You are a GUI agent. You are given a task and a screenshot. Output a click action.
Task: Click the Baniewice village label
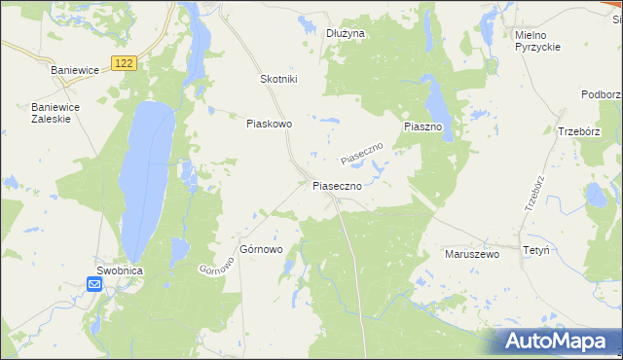pyautogui.click(x=77, y=70)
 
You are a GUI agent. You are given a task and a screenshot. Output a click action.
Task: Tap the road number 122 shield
pyautogui.click(x=123, y=62)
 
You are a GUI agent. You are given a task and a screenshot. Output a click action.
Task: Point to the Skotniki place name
pyautogui.click(x=278, y=79)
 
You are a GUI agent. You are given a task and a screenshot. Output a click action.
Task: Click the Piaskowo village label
pyautogui.click(x=270, y=124)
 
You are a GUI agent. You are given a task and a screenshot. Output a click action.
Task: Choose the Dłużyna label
pyautogui.click(x=345, y=33)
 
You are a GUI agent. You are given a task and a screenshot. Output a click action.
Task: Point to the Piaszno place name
pyautogui.click(x=423, y=127)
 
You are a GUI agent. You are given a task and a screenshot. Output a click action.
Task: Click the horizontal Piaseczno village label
pyautogui.click(x=337, y=185)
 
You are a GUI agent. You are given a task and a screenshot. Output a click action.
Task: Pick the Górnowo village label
pyautogui.click(x=261, y=249)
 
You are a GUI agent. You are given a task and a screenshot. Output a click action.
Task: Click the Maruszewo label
pyautogui.click(x=471, y=253)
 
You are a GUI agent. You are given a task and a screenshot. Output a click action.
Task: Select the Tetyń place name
pyautogui.click(x=536, y=250)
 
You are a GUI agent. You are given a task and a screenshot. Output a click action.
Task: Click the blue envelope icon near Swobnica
pyautogui.click(x=94, y=284)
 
